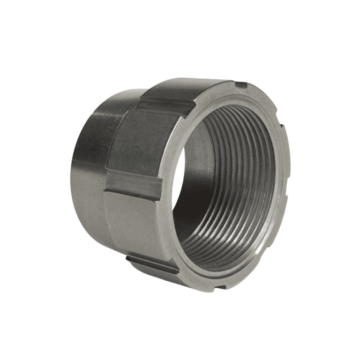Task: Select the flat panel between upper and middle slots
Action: (141, 145)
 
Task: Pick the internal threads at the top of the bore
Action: (234, 117)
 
